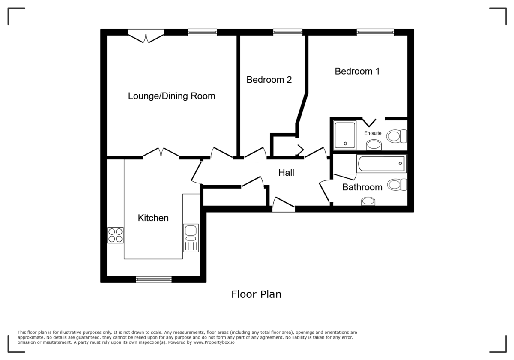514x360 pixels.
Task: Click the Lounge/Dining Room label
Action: pyautogui.click(x=171, y=96)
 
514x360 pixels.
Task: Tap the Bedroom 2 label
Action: pyautogui.click(x=269, y=80)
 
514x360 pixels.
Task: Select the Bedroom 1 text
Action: pyautogui.click(x=357, y=71)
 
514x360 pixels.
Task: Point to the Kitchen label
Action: pyautogui.click(x=153, y=218)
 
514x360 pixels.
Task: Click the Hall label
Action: pyautogui.click(x=286, y=173)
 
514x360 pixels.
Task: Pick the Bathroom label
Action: pyautogui.click(x=362, y=187)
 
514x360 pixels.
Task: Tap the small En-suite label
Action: pyautogui.click(x=373, y=133)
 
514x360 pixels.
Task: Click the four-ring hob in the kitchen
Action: pyautogui.click(x=115, y=235)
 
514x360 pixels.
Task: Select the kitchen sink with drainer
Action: pyautogui.click(x=190, y=237)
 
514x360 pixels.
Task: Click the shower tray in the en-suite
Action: pyautogui.click(x=345, y=135)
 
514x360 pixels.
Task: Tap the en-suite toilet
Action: pyautogui.click(x=397, y=137)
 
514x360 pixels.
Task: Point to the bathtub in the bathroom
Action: pyautogui.click(x=381, y=163)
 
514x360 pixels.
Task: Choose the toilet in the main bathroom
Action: pyautogui.click(x=397, y=185)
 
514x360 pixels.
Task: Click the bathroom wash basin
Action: pyautogui.click(x=368, y=201)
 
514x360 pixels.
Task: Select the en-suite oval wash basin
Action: pyautogui.click(x=374, y=145)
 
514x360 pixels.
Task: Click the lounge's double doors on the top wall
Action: pyautogui.click(x=146, y=36)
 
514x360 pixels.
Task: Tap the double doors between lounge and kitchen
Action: pyautogui.click(x=161, y=153)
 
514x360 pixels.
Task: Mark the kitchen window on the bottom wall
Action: pyautogui.click(x=154, y=280)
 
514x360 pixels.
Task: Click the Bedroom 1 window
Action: pyautogui.click(x=375, y=32)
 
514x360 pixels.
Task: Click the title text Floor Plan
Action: pyautogui.click(x=256, y=294)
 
